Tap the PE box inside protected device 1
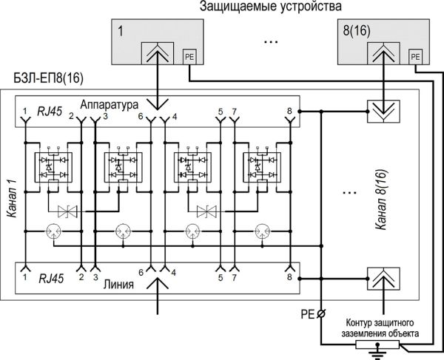click(x=188, y=55)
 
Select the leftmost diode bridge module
click(x=53, y=166)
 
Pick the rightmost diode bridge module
click(x=258, y=166)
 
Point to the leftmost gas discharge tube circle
click(x=53, y=231)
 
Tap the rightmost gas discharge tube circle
click(x=260, y=231)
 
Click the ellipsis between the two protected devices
click(x=270, y=42)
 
